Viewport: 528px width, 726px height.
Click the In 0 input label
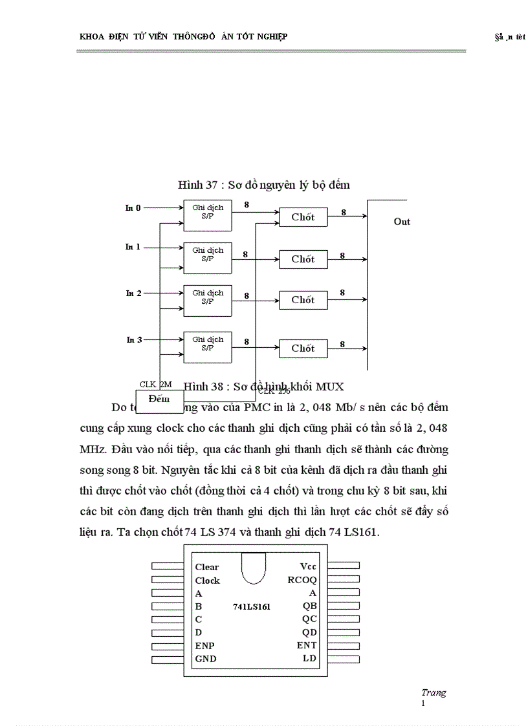point(133,208)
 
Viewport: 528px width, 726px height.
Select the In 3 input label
point(134,339)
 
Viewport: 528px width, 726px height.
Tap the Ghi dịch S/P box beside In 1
point(207,255)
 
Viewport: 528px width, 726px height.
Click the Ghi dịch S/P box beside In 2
point(207,297)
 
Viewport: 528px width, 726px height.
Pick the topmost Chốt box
point(303,217)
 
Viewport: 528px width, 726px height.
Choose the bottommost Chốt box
point(303,348)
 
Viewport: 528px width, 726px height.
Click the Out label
point(402,222)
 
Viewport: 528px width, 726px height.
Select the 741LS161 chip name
point(252,606)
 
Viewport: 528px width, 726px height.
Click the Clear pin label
point(207,567)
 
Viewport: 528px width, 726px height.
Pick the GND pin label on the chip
point(206,659)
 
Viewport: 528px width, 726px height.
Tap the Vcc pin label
point(308,566)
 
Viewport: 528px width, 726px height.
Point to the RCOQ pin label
point(302,580)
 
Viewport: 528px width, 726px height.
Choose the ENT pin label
point(307,645)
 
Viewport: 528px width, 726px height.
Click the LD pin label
point(309,658)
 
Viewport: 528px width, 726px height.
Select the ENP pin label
point(204,646)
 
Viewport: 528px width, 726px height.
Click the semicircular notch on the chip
point(253,566)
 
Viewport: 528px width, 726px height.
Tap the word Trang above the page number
point(433,692)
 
